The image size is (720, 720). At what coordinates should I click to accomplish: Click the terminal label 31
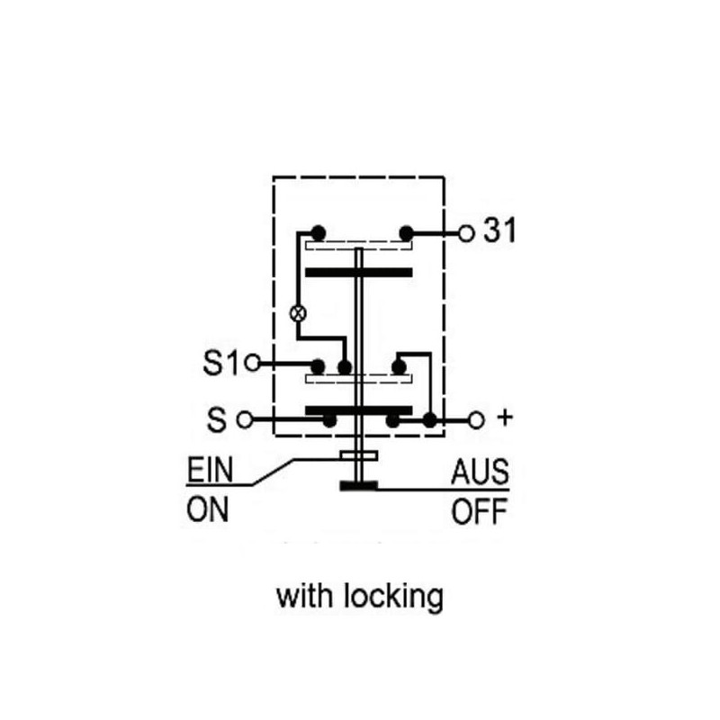point(500,230)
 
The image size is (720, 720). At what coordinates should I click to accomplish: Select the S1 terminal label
point(221,363)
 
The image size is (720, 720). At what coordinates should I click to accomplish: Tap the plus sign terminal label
point(505,418)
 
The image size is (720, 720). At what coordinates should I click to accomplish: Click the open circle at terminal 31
point(466,234)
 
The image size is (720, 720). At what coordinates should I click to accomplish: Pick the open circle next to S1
point(252,364)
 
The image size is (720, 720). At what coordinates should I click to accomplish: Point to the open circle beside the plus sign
point(476,420)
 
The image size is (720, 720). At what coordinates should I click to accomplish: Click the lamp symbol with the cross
point(299,313)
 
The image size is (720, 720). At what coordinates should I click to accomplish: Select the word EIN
point(211,469)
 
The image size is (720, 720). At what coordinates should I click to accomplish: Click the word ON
point(208,509)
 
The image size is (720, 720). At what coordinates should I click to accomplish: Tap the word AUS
point(481,472)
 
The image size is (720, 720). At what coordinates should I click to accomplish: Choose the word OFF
point(480,511)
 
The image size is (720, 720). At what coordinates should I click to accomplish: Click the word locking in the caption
point(393,597)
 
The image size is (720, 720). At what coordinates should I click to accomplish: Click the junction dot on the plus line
point(430,420)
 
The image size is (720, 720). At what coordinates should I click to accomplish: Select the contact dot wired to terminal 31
point(407,233)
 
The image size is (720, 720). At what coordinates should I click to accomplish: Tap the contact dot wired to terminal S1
point(318,367)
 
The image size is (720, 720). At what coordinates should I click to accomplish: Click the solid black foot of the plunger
point(358,485)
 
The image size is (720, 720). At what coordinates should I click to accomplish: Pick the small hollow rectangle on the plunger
point(359,455)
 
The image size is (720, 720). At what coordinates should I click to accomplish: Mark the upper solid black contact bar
point(359,273)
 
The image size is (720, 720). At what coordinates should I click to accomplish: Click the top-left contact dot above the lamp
point(319,233)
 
